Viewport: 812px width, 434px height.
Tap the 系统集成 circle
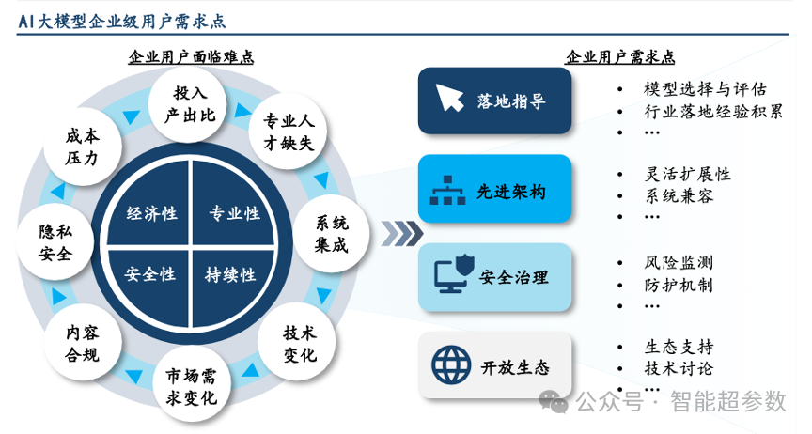330,234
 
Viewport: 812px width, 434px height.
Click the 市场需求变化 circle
191,387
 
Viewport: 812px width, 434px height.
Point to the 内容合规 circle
80,343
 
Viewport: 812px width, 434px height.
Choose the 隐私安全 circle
55,242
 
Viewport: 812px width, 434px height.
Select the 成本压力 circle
81,147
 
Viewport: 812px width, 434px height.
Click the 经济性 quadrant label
151,213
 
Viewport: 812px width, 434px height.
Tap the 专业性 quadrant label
233,213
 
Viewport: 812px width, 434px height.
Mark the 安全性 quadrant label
151,274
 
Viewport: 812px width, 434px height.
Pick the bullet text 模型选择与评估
706,90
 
